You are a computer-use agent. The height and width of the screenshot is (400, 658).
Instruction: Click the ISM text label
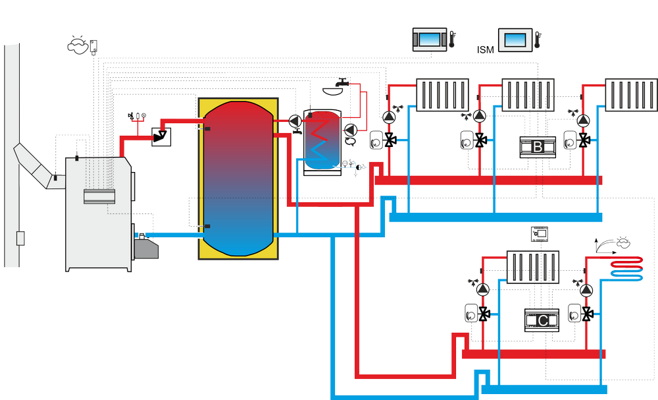(485, 49)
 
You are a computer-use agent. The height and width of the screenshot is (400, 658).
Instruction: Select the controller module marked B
(538, 147)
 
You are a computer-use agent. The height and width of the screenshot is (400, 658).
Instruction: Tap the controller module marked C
(542, 320)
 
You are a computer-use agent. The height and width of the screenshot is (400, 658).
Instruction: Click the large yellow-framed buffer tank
(238, 179)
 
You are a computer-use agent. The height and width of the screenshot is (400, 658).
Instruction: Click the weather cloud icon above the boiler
(78, 45)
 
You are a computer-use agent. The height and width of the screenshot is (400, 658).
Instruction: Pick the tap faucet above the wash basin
(343, 82)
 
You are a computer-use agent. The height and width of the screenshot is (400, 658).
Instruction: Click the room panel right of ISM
(515, 40)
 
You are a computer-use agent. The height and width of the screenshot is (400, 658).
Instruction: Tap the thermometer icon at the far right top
(538, 40)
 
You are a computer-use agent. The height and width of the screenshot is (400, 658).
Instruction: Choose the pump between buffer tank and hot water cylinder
(295, 121)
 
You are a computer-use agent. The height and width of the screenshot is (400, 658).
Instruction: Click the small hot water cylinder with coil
(322, 142)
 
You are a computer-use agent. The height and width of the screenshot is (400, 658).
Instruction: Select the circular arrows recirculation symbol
(351, 141)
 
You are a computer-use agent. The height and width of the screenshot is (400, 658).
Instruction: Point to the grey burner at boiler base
(146, 248)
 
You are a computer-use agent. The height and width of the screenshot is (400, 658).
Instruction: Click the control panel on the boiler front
(99, 196)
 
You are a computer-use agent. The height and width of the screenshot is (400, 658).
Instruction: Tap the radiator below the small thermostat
(533, 267)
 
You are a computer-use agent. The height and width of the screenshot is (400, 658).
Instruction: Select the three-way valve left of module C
(484, 314)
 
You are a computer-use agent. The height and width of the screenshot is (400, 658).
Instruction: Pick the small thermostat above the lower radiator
(540, 234)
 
